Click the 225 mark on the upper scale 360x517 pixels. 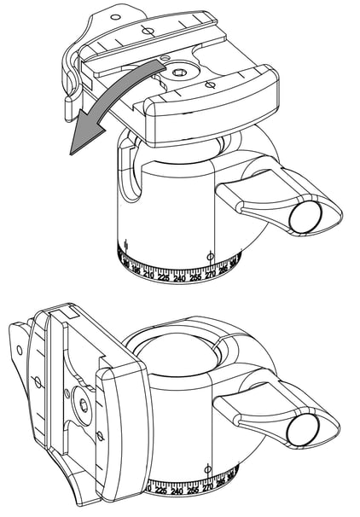(162, 278)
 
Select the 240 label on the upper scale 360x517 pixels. (179, 279)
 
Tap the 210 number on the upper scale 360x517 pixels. (148, 276)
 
